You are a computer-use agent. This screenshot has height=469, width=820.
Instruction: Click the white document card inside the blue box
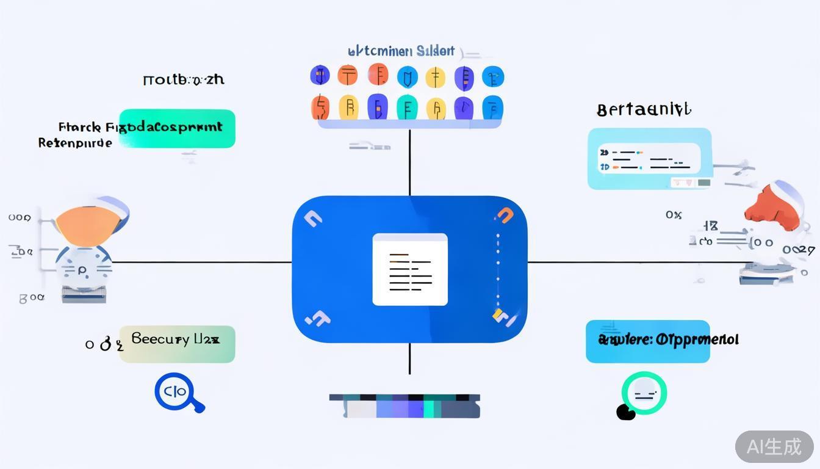409,269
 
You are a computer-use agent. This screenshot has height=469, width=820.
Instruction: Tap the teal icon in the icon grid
406,107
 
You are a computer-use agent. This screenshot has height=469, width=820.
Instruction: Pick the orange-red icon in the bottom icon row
320,107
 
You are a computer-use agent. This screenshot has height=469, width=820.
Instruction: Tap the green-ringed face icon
644,393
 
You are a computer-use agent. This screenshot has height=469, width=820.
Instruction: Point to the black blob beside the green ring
625,413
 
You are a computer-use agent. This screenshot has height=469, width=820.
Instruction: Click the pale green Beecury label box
177,344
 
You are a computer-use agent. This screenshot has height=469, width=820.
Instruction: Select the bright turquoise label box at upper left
177,128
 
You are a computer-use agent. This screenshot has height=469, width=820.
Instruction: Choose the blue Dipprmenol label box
647,341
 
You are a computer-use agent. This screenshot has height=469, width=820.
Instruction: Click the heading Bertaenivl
644,111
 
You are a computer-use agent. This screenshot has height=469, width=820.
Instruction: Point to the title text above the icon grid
401,51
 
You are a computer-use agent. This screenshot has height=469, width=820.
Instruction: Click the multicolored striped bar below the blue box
405,406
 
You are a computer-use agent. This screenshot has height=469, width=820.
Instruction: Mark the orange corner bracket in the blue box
505,215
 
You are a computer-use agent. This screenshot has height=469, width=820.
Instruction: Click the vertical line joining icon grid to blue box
409,162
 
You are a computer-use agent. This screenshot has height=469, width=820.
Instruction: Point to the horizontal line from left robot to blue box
201,263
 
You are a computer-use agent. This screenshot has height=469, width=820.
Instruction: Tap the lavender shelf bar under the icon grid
409,124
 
